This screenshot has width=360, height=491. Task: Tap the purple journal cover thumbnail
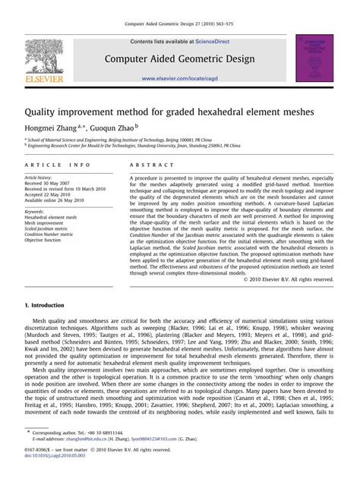pos(314,58)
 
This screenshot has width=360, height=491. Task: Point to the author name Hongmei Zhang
pos(55,128)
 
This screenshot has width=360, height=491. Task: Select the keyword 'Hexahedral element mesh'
pos(51,217)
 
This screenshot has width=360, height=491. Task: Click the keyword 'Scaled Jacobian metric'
pos(49,228)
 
